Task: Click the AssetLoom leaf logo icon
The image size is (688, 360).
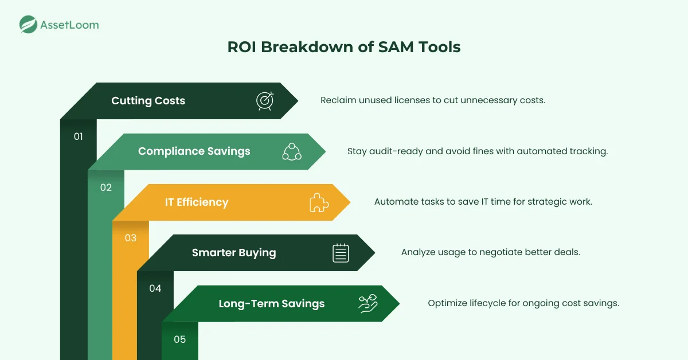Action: (29, 25)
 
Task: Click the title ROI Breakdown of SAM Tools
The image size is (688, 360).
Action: (343, 47)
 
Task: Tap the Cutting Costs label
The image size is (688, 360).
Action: (148, 101)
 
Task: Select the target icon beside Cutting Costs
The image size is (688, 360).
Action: (265, 101)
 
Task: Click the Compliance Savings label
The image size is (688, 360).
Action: (194, 151)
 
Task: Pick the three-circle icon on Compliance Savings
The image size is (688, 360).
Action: (292, 151)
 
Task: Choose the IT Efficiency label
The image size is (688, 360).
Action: (196, 202)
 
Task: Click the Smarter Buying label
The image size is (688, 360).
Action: (233, 253)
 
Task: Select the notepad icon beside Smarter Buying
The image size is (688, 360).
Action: (341, 253)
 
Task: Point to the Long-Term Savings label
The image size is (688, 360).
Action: (271, 304)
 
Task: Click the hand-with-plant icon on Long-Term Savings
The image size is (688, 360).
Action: (368, 303)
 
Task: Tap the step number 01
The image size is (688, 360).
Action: (79, 136)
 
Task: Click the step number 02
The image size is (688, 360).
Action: (105, 187)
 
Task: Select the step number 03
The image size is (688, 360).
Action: (130, 237)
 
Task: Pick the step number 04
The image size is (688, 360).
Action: (155, 288)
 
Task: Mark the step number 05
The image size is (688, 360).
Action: (179, 339)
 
